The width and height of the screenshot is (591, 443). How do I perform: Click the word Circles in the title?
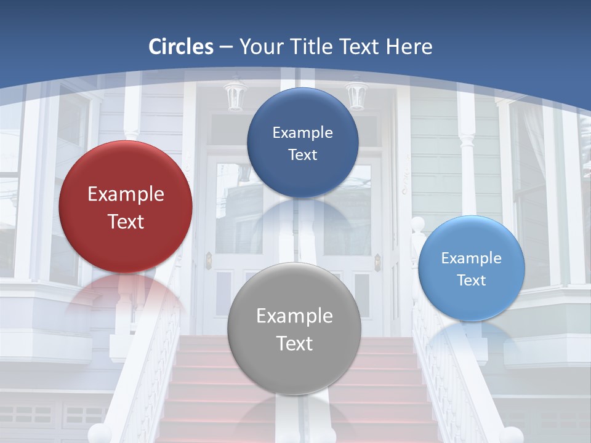[x=181, y=47]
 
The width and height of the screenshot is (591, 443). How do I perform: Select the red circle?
[x=126, y=207]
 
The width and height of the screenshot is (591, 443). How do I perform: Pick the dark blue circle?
[x=302, y=143]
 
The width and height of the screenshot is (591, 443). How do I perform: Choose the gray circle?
[x=294, y=329]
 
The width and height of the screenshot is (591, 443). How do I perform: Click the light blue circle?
[x=471, y=268]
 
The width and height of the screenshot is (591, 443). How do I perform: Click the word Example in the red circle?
[x=126, y=194]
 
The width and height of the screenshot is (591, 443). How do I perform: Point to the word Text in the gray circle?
[x=294, y=343]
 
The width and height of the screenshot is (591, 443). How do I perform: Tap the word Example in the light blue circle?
[x=471, y=258]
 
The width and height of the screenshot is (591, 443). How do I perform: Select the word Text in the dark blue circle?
[x=302, y=155]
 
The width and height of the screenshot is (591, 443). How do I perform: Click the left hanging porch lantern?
[x=235, y=95]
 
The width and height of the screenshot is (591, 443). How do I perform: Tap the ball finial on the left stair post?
[x=100, y=434]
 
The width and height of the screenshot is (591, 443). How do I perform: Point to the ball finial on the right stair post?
[x=418, y=223]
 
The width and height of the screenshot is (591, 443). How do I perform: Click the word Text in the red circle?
[x=126, y=221]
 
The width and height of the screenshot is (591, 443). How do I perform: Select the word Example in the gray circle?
[x=294, y=316]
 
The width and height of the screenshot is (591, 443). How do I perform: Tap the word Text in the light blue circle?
[x=471, y=281]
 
